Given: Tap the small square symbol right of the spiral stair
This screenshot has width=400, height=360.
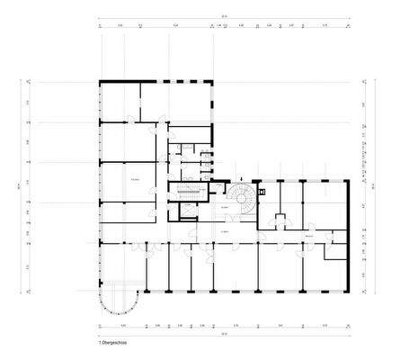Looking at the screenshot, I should tap(262, 192).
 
